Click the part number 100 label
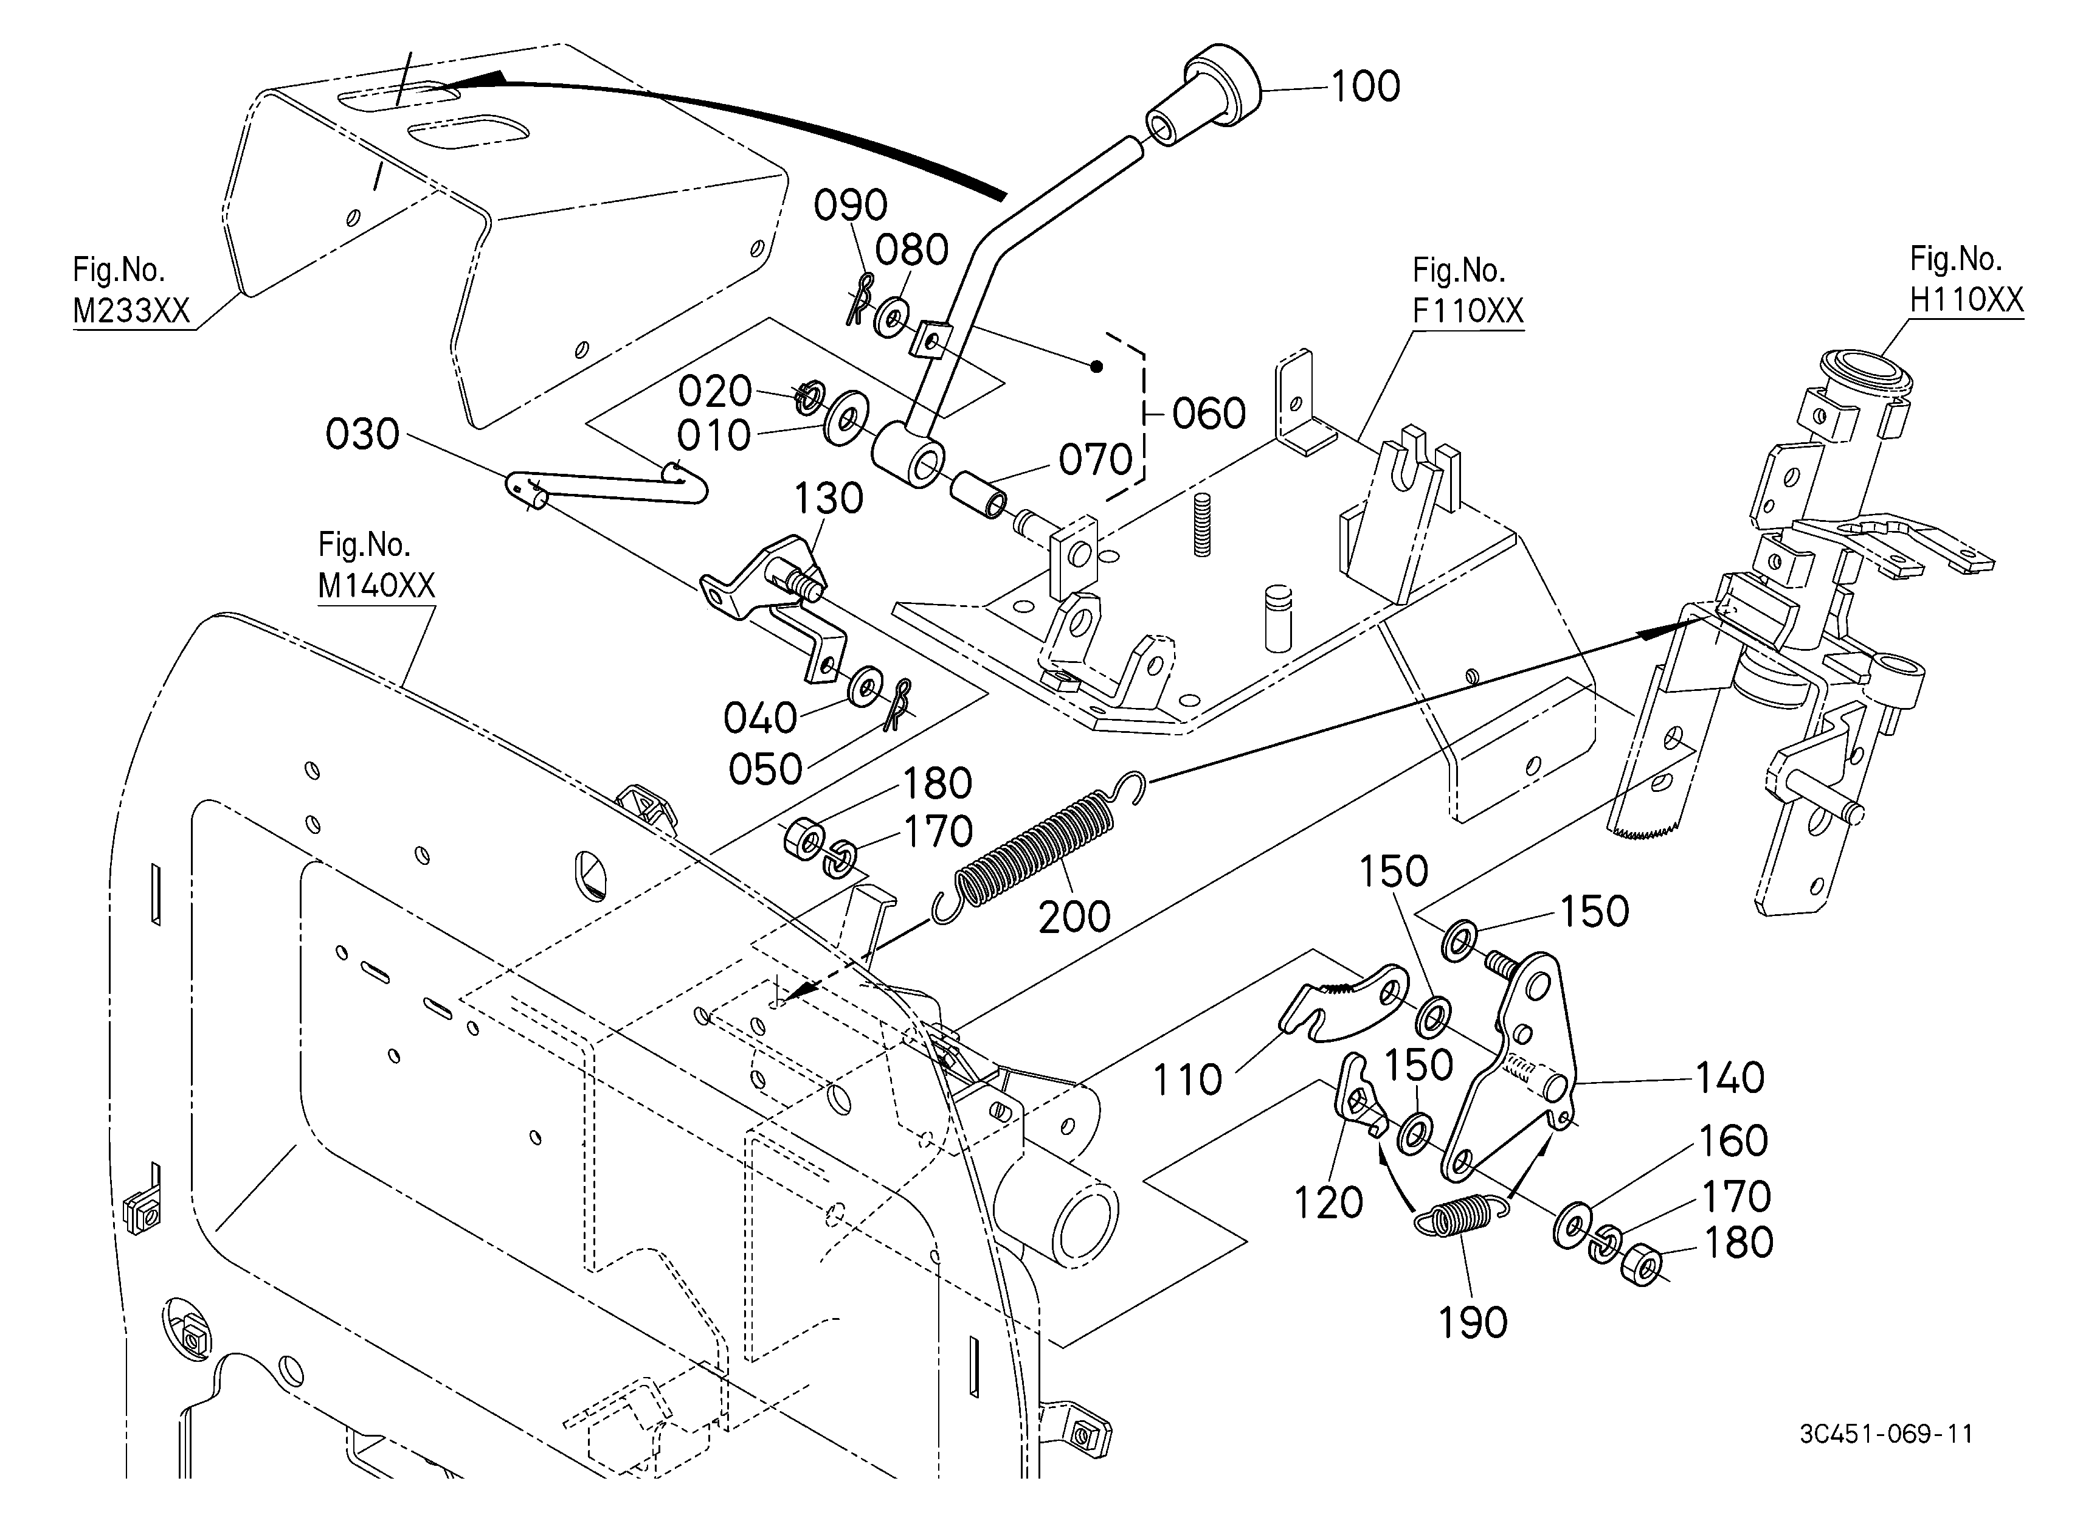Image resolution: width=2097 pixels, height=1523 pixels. (1365, 87)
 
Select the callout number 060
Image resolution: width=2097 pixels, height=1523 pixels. (1209, 414)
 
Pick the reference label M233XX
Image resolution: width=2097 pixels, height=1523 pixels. (131, 311)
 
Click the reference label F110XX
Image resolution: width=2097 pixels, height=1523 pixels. (1467, 311)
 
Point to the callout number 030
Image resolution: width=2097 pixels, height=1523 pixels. (362, 435)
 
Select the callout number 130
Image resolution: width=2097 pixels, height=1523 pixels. (829, 499)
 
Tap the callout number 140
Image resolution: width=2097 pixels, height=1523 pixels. (1730, 1078)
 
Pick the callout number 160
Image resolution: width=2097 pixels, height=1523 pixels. (1733, 1141)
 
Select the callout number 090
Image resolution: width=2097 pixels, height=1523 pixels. (850, 206)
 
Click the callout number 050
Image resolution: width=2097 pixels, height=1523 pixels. (765, 769)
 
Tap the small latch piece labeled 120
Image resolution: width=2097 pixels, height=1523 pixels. (1357, 1097)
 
